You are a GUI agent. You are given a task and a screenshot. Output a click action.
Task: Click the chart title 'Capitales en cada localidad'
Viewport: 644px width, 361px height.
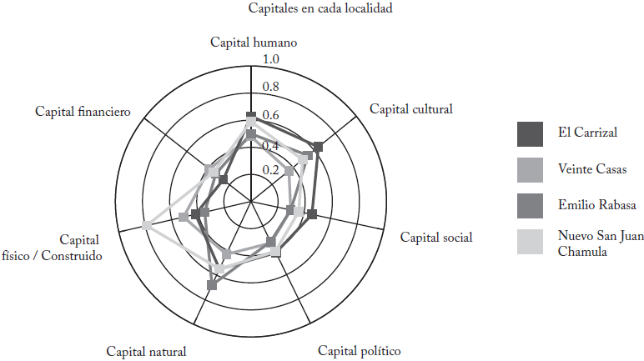320,9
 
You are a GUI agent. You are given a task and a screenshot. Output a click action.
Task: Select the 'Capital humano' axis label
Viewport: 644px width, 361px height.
254,43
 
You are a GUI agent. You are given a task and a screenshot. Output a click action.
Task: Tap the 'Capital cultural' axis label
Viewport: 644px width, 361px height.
410,108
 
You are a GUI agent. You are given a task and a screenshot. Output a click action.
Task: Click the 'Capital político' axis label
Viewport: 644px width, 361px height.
359,350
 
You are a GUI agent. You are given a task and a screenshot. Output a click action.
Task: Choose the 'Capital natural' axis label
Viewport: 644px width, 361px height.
146,351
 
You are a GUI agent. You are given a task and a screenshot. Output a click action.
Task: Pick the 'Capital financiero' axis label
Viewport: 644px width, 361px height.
82,111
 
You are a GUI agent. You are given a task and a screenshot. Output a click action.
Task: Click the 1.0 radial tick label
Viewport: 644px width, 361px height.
271,60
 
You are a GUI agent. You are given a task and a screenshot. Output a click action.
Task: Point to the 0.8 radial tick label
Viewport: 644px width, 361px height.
271,88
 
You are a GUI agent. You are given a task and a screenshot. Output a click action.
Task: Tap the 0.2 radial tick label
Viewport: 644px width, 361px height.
271,170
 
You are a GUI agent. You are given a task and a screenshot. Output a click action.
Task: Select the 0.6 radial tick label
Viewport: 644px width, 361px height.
271,116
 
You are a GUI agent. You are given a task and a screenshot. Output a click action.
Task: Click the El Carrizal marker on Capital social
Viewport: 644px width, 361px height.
311,215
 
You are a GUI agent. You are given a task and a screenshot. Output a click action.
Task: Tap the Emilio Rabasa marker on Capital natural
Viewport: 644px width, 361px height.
211,285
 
